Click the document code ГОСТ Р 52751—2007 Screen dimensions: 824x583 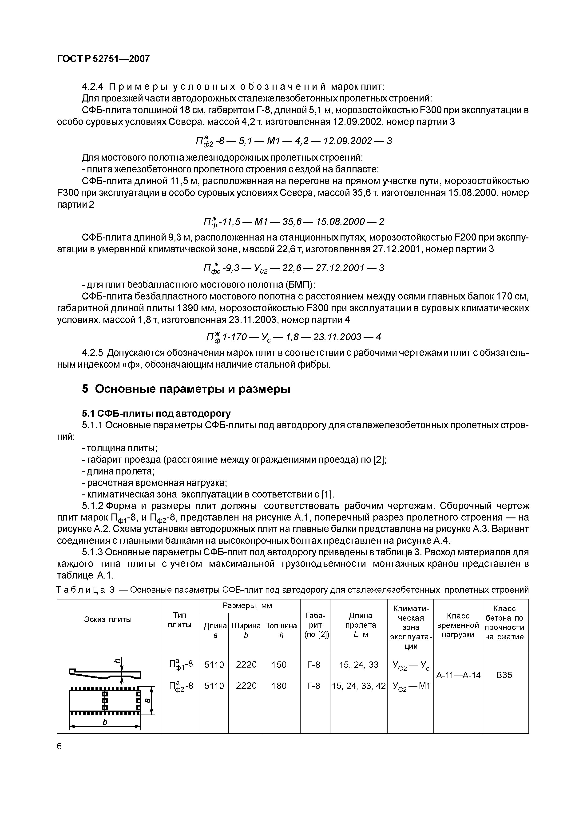point(103,59)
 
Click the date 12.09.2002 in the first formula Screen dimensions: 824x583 point(347,141)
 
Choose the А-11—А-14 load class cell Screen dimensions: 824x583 point(458,675)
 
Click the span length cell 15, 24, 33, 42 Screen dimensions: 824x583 point(358,686)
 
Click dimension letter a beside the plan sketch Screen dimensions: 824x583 point(147,700)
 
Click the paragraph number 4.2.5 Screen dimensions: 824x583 point(92,353)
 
